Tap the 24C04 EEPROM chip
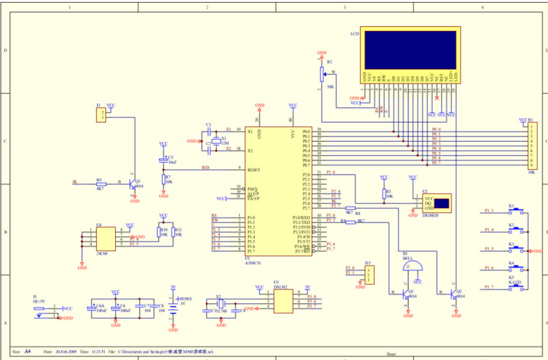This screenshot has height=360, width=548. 105,239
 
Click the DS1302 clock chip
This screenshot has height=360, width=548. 283,301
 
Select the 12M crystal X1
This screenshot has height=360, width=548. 216,140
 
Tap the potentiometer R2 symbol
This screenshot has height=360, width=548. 322,74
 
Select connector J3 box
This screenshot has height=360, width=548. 101,114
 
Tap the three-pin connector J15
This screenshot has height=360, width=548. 369,275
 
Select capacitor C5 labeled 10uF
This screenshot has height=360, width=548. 163,160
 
